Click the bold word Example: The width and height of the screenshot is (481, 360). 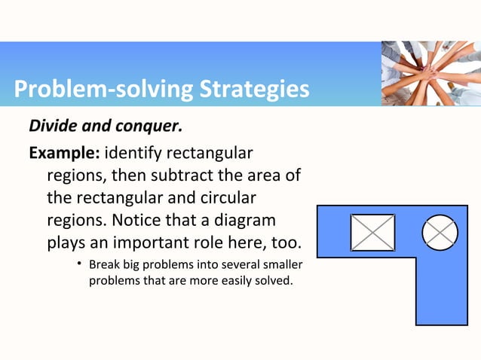point(63,154)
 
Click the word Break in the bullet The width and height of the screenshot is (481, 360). point(103,266)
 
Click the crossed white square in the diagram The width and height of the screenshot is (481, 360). point(372,233)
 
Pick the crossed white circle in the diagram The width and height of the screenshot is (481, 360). point(440,233)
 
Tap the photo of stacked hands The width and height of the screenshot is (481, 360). point(430,73)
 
